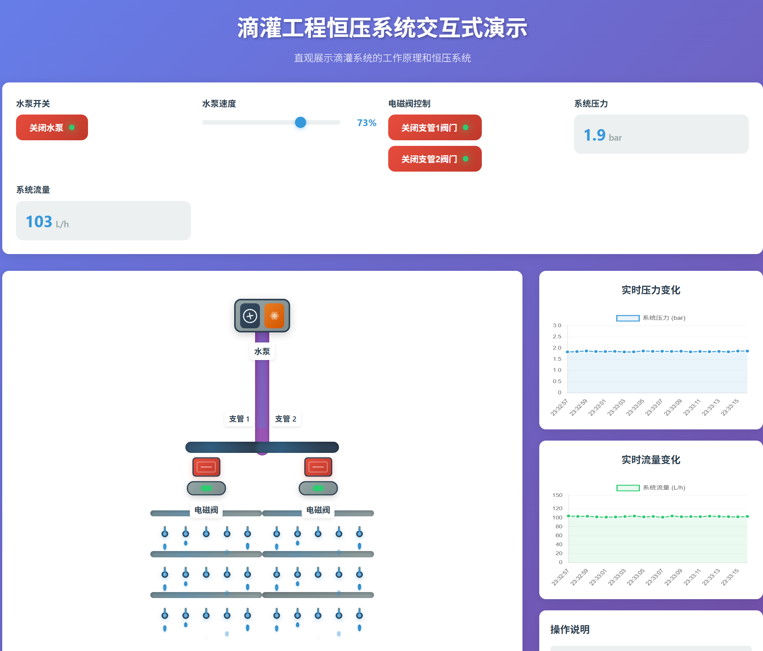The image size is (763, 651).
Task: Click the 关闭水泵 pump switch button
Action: [52, 128]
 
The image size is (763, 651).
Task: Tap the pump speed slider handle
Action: [300, 122]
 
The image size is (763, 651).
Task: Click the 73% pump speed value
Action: [366, 123]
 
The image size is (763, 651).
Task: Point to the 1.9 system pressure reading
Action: [594, 135]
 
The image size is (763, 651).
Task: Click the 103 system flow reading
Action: [39, 222]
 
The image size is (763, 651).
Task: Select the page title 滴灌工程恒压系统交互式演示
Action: [382, 28]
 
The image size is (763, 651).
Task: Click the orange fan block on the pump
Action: [274, 316]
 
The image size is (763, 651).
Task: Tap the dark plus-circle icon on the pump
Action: [250, 316]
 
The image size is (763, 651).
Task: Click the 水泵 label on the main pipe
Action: [262, 351]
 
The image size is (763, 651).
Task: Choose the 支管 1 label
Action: [239, 419]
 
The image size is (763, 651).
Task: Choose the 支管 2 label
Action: [286, 419]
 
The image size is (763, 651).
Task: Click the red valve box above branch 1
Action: [206, 467]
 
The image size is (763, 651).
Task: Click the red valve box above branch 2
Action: [318, 467]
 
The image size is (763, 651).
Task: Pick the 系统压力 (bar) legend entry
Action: [651, 318]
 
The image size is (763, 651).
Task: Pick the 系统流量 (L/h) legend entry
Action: [651, 488]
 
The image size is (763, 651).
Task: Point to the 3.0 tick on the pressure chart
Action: [557, 325]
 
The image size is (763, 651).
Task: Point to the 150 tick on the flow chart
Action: [557, 495]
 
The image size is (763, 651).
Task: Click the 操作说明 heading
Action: [570, 629]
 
